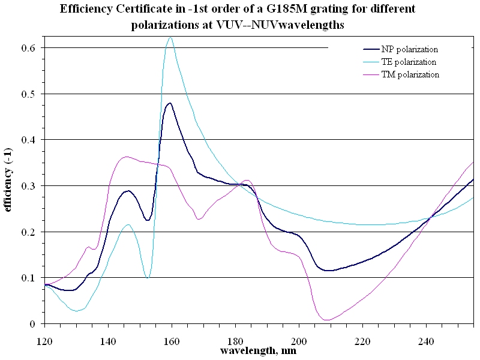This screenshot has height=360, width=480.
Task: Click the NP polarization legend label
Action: [410, 49]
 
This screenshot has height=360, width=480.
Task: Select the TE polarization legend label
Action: [409, 62]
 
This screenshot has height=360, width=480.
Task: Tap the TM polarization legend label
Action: [410, 74]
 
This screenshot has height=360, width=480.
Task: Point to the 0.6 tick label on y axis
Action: [28, 48]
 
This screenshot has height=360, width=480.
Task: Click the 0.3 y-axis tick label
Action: [28, 186]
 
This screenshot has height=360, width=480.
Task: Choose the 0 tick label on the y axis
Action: [33, 324]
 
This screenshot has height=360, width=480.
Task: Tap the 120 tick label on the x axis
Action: [44, 341]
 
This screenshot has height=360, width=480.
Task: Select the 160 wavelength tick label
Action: [172, 341]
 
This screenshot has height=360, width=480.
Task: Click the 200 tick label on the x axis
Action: [299, 341]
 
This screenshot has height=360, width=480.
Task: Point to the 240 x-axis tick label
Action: [426, 341]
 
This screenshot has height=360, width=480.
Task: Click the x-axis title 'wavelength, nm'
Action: [258, 350]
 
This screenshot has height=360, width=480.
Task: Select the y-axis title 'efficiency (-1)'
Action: [7, 179]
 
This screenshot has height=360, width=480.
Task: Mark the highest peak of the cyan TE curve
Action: [171, 38]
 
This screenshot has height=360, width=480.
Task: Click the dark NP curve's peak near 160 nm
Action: [170, 103]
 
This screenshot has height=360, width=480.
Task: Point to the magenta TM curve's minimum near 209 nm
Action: [327, 320]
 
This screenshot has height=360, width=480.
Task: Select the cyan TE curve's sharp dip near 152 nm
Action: [148, 278]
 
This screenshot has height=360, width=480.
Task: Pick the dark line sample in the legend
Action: [371, 49]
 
